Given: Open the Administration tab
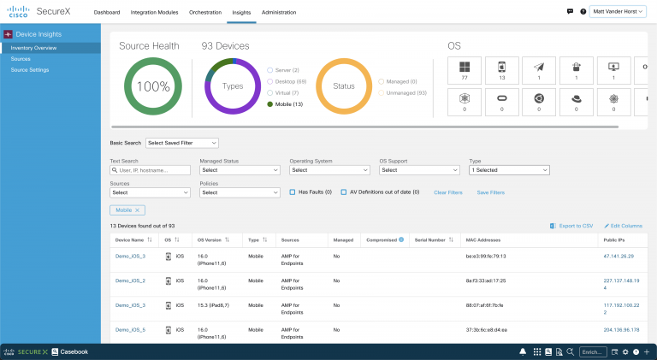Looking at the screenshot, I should pyautogui.click(x=280, y=13).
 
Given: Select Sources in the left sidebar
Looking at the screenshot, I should pyautogui.click(x=21, y=59).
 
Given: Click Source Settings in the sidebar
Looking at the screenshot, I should pyautogui.click(x=30, y=69).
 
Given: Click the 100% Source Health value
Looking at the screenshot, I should pyautogui.click(x=153, y=86).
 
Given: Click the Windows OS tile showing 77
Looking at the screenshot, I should pyautogui.click(x=465, y=71).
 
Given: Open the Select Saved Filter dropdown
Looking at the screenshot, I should pyautogui.click(x=182, y=143).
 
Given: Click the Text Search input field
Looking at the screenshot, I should pyautogui.click(x=151, y=170).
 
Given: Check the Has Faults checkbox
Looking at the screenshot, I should pyautogui.click(x=293, y=192).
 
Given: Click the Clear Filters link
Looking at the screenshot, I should pyautogui.click(x=447, y=192).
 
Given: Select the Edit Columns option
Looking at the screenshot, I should pyautogui.click(x=624, y=226).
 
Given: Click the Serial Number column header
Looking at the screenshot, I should pyautogui.click(x=429, y=240).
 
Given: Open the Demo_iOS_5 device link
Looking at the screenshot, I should pyautogui.click(x=130, y=329).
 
